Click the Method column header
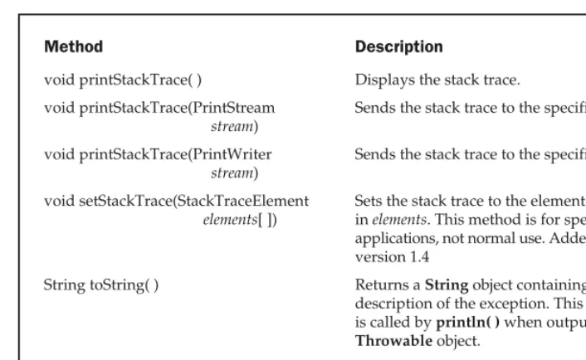74,46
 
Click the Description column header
398,46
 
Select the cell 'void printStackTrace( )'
123,80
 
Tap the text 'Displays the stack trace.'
437,80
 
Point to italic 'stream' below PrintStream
232,127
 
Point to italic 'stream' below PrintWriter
232,173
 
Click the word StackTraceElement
242,201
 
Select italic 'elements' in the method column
230,220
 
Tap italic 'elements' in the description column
399,220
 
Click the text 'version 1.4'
392,257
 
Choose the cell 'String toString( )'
101,285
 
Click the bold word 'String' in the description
447,285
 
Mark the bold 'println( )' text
468,323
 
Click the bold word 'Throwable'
393,341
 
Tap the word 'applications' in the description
397,239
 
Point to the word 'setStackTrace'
125,201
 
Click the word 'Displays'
385,80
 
